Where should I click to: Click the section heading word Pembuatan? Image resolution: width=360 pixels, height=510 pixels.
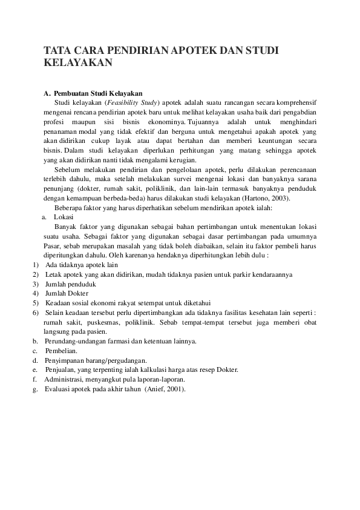(73, 93)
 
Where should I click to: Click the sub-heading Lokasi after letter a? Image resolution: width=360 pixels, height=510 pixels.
(64, 217)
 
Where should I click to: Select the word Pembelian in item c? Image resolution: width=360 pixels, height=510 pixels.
(60, 351)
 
